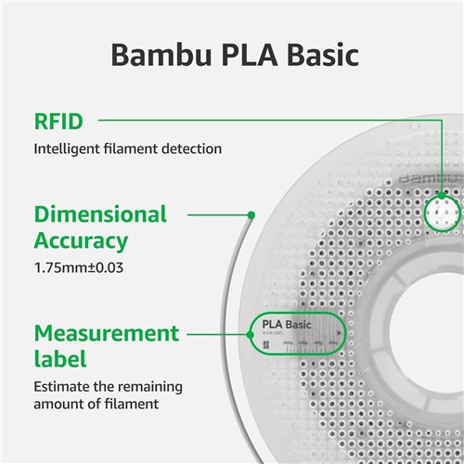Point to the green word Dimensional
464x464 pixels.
[x=100, y=214]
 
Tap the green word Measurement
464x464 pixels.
[x=107, y=332]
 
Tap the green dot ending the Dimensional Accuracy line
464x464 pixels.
[x=251, y=214]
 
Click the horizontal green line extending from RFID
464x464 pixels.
[x=278, y=120]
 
